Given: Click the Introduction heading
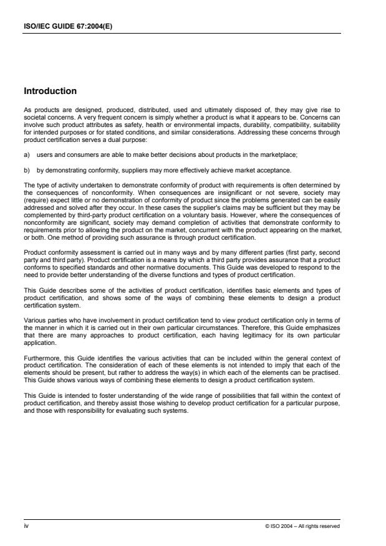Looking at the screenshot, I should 50,91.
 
